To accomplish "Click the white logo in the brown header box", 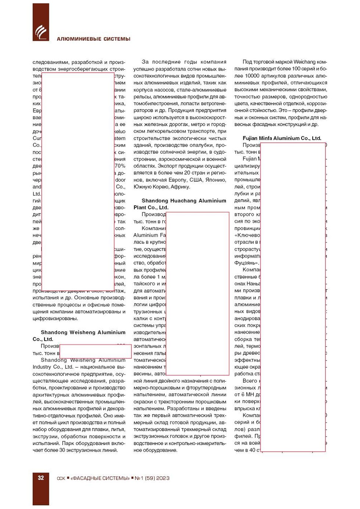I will [41, 32].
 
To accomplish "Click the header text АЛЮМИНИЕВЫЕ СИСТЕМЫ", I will [93, 39].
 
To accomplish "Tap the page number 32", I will [41, 478].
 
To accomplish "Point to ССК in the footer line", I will [61, 478].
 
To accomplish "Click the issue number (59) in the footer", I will [150, 478].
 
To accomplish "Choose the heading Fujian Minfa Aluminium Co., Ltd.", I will [282, 138].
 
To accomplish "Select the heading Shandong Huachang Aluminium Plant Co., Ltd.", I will [180, 204].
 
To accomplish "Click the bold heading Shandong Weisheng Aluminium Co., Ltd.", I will [79, 336].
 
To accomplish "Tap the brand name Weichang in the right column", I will [304, 62].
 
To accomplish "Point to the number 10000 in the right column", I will [252, 76].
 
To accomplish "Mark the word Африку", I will [180, 187].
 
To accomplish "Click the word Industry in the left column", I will [42, 367].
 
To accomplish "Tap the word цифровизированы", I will [55, 318].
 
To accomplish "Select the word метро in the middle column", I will [198, 124].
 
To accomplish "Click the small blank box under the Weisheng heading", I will [95, 351].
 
